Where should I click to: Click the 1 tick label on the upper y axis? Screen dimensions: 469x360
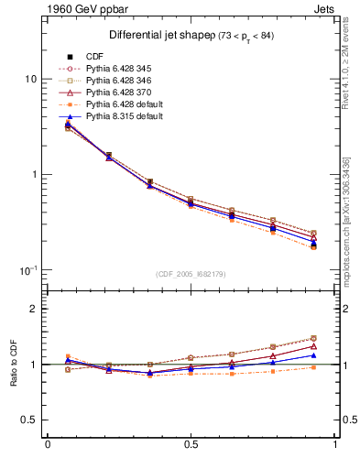click(x=33, y=175)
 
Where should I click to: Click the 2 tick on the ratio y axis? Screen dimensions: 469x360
click(x=33, y=309)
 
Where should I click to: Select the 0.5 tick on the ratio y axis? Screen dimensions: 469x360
click(x=28, y=420)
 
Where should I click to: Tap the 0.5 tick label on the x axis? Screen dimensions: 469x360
click(x=191, y=446)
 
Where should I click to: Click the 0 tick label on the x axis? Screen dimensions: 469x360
click(x=48, y=446)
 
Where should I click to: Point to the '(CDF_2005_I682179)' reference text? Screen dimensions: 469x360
click(x=191, y=274)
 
